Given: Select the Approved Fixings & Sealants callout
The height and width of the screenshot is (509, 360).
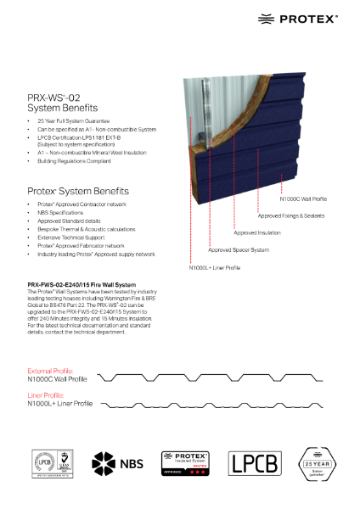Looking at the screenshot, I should (290, 216).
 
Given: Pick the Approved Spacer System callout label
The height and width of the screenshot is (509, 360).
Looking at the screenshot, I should (238, 250).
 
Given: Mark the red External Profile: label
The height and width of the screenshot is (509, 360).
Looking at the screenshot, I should (51, 371).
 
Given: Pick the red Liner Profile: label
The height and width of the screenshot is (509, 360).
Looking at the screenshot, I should (45, 394).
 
